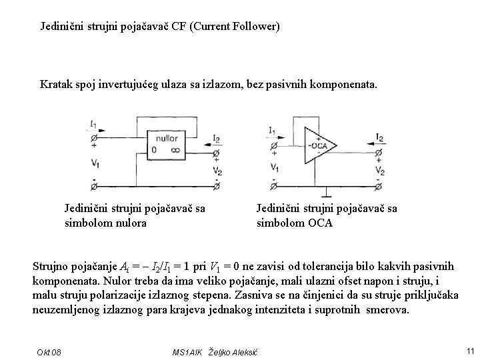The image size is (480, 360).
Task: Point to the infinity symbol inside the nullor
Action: coord(175,151)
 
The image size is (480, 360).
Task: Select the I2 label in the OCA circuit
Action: coord(379,138)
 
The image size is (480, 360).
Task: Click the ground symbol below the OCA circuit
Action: coord(325,195)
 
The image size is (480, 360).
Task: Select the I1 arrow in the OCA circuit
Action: coord(280,138)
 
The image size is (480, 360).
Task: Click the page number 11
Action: coord(470,351)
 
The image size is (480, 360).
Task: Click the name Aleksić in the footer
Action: coord(239,351)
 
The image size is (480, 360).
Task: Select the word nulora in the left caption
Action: coord(131,223)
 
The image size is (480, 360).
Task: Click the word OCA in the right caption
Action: coord(319,223)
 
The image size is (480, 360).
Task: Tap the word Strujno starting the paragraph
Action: coord(51,266)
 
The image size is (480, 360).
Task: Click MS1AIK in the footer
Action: coord(188,351)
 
